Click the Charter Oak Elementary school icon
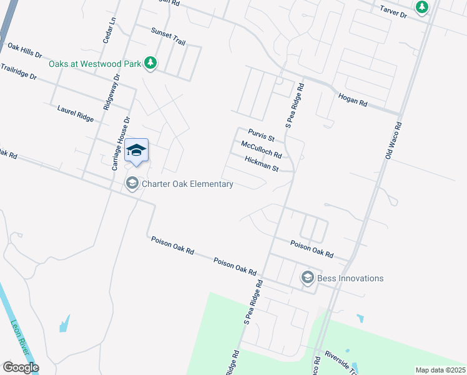(132, 183)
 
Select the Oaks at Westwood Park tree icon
(150, 62)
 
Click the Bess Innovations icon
(307, 277)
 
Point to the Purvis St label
(262, 134)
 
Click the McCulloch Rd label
(261, 150)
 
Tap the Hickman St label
(261, 165)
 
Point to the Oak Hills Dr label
(24, 51)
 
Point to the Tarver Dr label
(394, 11)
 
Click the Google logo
(21, 367)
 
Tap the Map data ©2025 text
(440, 370)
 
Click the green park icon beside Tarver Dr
(422, 7)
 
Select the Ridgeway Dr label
(106, 89)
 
